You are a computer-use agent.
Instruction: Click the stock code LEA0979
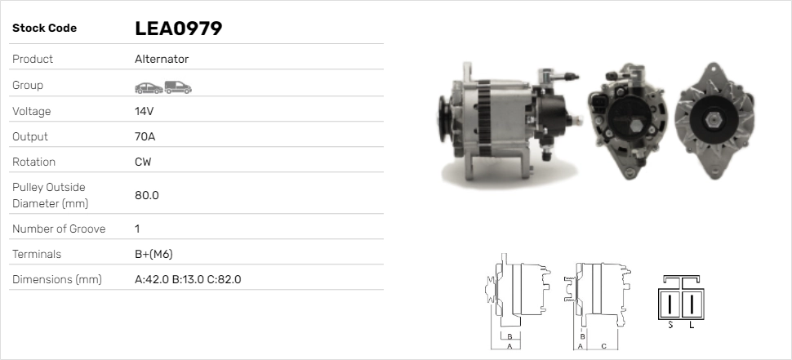pyautogui.click(x=178, y=29)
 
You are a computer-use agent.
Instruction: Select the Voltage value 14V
pyautogui.click(x=144, y=111)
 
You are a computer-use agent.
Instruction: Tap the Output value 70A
pyautogui.click(x=145, y=136)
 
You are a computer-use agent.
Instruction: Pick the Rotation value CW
pyautogui.click(x=143, y=162)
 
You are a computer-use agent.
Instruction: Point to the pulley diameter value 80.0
pyautogui.click(x=146, y=195)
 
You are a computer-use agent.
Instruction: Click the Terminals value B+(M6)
pyautogui.click(x=154, y=254)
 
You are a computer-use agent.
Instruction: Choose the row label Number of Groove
pyautogui.click(x=59, y=229)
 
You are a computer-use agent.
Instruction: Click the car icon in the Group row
pyautogui.click(x=149, y=88)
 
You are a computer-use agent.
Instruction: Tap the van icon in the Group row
pyautogui.click(x=178, y=87)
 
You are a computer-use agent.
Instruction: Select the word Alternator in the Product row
pyautogui.click(x=162, y=59)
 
